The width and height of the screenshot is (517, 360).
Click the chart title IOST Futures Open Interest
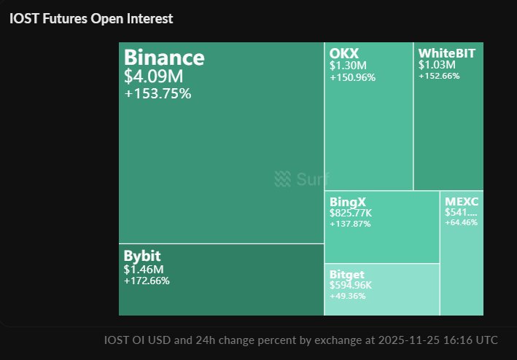pos(91,19)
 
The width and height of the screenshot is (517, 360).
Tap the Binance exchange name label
pos(164,58)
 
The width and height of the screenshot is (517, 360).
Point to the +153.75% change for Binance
pos(157,93)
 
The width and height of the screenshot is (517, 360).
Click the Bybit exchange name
pos(142,257)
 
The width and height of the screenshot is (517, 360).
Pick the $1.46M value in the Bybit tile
pos(144,270)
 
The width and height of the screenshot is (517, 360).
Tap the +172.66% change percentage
pos(147,281)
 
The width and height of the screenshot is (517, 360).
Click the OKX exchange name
pos(344,53)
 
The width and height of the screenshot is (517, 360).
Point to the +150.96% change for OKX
pos(352,77)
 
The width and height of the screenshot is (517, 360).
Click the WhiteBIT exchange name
pos(446,53)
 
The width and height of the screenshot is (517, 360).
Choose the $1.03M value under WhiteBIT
pos(436,65)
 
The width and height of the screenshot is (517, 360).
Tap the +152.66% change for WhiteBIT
pos(439,76)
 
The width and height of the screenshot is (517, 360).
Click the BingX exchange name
pos(347,201)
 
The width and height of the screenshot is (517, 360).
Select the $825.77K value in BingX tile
pos(351,213)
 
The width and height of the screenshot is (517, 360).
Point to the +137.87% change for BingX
pos(350,224)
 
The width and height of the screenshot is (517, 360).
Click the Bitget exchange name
pos(349,273)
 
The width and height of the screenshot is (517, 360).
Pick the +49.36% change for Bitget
pos(348,295)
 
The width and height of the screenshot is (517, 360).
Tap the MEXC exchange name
pos(461,201)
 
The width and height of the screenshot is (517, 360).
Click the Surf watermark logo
pos(301,179)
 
